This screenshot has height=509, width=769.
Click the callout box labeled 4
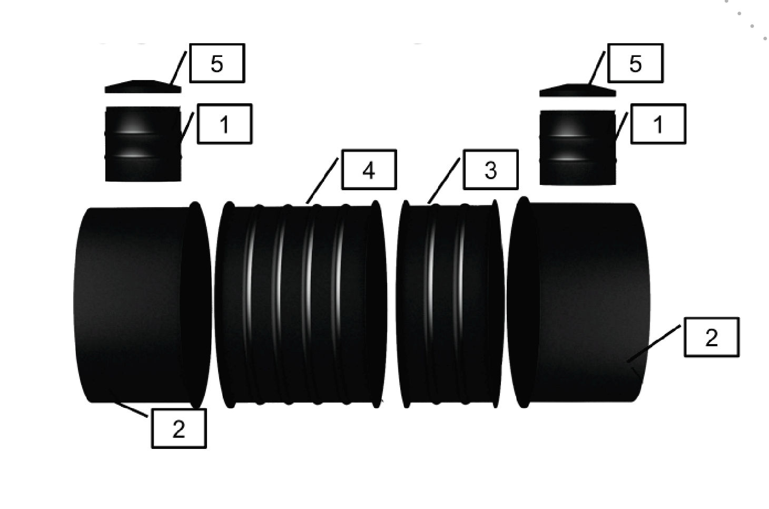click(x=369, y=169)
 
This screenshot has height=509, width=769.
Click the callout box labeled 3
click(x=490, y=169)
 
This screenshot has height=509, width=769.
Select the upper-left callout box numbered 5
click(x=217, y=63)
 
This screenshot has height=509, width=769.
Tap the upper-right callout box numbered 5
click(x=635, y=63)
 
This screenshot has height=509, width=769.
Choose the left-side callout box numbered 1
click(x=224, y=124)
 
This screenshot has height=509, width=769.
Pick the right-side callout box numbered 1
click(x=658, y=124)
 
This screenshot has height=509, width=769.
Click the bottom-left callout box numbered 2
click(x=179, y=428)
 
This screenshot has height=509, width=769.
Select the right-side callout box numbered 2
click(x=712, y=337)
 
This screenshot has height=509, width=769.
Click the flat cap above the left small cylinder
click(x=143, y=87)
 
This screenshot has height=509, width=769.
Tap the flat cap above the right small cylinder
click(x=577, y=90)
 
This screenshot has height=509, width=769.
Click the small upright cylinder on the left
click(x=143, y=144)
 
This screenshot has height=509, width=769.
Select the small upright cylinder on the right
click(x=577, y=148)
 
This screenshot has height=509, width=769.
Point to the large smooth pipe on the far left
click(x=142, y=305)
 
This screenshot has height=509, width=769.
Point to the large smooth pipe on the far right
click(x=578, y=302)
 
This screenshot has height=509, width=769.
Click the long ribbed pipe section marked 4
click(x=301, y=305)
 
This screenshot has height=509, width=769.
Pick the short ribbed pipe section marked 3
click(x=450, y=305)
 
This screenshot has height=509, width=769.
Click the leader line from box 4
click(x=322, y=181)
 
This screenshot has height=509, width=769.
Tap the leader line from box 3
click(x=443, y=181)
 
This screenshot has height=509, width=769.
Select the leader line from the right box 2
click(x=654, y=344)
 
